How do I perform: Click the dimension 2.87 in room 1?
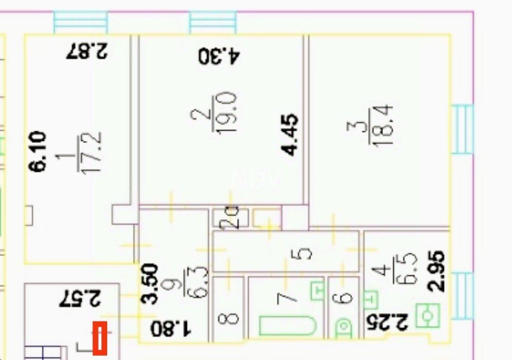88,51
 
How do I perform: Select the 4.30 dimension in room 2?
219,56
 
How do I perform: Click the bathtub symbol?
287,326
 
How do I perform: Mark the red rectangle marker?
100,338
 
